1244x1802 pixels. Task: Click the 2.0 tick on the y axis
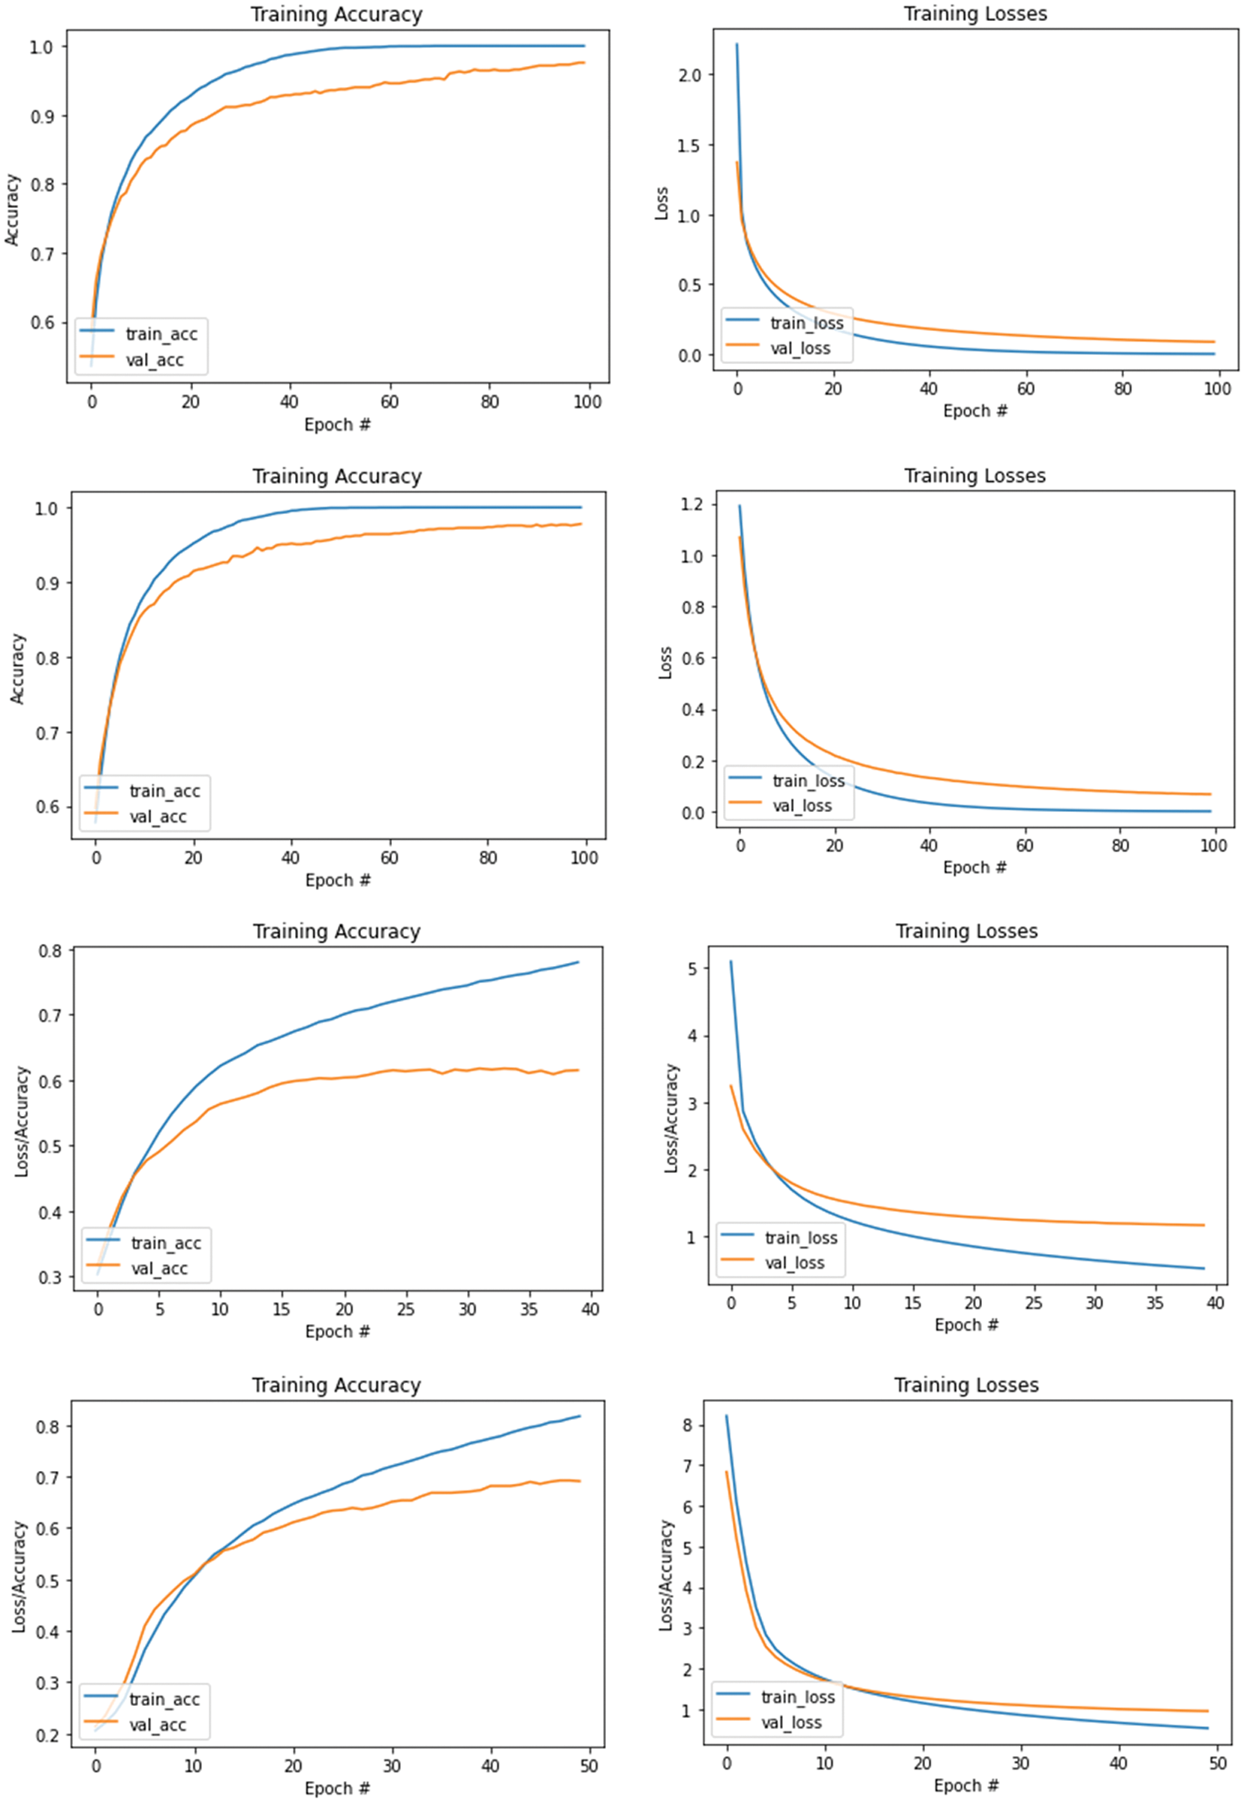689,75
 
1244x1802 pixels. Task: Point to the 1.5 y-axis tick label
689,146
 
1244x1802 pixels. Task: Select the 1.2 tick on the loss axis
692,505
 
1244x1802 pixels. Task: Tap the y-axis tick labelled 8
687,1426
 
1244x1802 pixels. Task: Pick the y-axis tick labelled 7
687,1467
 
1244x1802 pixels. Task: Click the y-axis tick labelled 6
687,1508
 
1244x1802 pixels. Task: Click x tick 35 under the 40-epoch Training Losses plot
1155,1303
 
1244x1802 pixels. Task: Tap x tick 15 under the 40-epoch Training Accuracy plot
282,1309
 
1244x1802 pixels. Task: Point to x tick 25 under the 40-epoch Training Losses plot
1034,1303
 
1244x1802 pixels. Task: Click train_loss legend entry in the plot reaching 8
797,1697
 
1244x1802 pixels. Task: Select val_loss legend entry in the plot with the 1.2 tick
801,805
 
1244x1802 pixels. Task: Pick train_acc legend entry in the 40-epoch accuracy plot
166,1243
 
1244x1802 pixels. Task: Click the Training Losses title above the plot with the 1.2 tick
974,476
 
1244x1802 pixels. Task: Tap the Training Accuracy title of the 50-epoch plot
336,1385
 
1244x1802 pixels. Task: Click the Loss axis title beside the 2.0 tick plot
661,203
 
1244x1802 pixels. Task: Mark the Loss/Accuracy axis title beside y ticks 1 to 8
666,1575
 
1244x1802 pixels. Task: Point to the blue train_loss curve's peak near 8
727,1416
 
